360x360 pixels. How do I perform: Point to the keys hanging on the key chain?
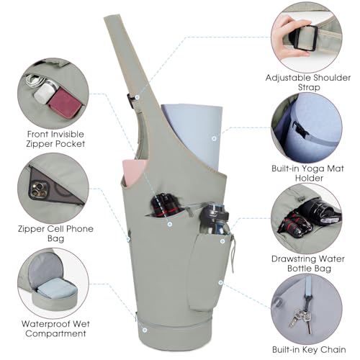click(x=301, y=318)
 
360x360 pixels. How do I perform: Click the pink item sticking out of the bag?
click(x=134, y=172)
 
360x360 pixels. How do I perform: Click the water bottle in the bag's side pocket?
click(x=215, y=219)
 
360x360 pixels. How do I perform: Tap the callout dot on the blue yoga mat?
click(x=214, y=138)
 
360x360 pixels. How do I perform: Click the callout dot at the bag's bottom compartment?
click(x=145, y=330)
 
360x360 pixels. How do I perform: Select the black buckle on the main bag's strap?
click(x=130, y=101)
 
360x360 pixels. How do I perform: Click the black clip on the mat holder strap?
click(x=300, y=130)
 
